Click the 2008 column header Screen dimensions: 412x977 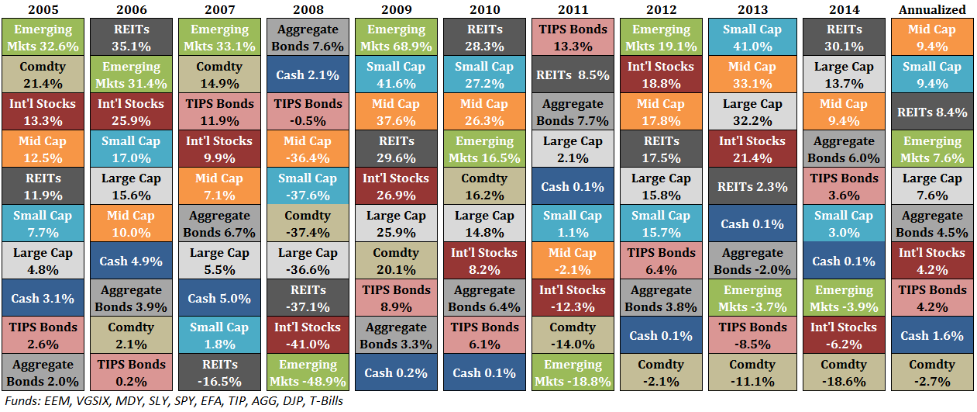[308, 9]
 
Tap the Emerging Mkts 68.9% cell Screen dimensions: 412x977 [395, 38]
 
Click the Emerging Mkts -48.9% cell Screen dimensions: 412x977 [308, 372]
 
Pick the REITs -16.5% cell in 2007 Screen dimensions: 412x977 [219, 372]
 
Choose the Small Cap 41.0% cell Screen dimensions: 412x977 [752, 38]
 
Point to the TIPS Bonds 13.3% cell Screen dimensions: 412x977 [573, 38]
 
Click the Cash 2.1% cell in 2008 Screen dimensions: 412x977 [308, 75]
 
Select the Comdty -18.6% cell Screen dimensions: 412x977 [843, 372]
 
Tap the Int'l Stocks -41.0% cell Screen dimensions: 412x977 [308, 335]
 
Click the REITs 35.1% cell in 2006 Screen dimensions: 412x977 [131, 38]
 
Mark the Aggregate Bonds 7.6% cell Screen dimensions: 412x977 [308, 38]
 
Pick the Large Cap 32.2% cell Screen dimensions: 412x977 [752, 113]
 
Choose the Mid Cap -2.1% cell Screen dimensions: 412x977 [573, 261]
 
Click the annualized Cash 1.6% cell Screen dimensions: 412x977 [932, 335]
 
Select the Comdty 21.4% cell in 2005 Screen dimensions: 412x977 [43, 75]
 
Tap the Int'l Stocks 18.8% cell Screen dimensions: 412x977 [662, 75]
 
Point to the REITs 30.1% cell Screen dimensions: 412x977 [843, 38]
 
